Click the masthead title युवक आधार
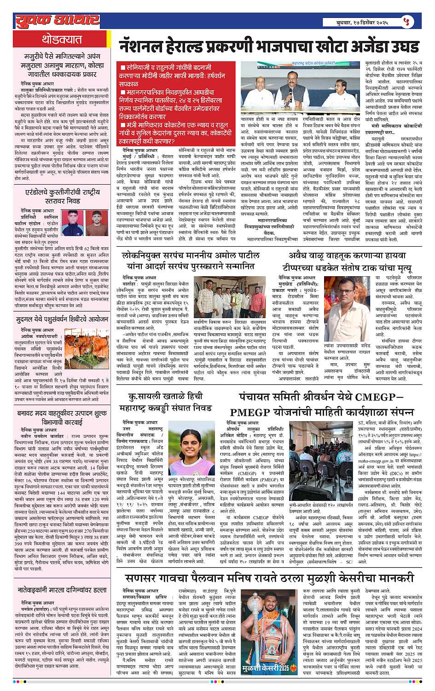click(58, 20)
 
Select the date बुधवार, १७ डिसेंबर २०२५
click(362, 22)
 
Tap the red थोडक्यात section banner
click(62, 39)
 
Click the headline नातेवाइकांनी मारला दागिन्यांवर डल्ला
click(62, 590)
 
